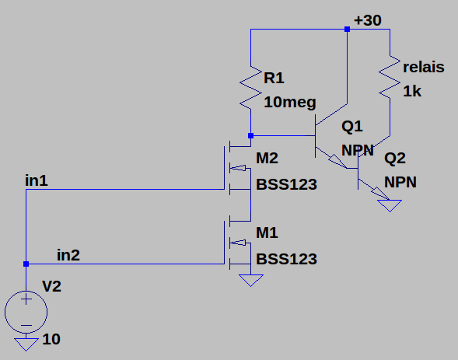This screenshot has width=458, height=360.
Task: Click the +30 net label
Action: click(368, 20)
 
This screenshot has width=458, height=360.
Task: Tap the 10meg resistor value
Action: click(290, 103)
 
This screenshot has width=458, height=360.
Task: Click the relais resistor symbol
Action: click(390, 77)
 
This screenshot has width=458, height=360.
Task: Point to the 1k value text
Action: click(412, 92)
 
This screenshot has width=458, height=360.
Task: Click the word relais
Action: click(424, 67)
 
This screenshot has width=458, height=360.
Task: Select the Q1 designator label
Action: click(352, 127)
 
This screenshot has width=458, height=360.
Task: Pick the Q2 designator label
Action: click(395, 159)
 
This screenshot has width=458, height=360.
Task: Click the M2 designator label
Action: click(267, 158)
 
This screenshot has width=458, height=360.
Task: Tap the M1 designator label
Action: click(267, 232)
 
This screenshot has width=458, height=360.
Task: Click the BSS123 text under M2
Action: click(287, 184)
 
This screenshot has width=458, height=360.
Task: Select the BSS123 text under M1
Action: click(287, 259)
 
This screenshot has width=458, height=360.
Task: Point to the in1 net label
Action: click(37, 180)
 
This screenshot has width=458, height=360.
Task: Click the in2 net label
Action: click(68, 255)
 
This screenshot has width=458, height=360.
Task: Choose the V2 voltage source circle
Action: click(26, 312)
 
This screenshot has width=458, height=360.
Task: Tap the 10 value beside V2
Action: click(51, 339)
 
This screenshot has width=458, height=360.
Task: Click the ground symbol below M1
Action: click(251, 280)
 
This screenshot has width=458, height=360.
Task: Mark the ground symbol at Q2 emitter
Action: click(390, 205)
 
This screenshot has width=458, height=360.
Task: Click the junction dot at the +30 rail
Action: click(347, 29)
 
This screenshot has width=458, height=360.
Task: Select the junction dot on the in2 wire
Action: click(26, 264)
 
